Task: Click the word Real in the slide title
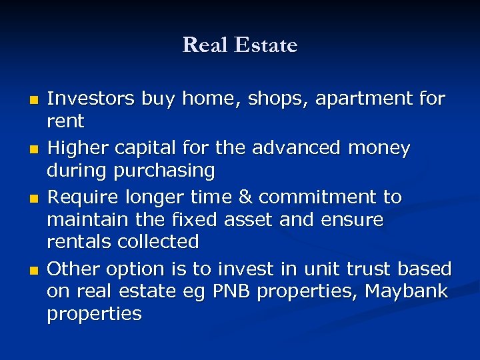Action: (x=203, y=45)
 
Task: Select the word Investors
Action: (x=91, y=99)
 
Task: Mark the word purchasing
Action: (x=165, y=171)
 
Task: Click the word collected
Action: (x=158, y=241)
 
